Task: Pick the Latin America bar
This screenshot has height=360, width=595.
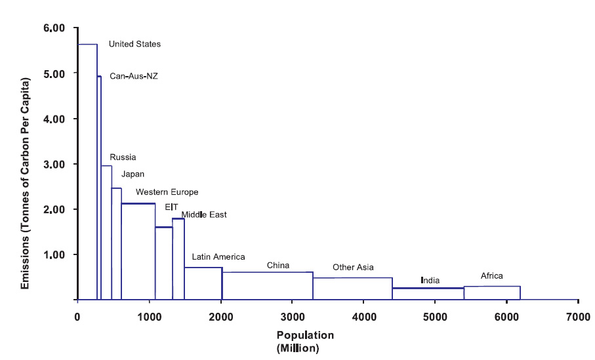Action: [x=203, y=283]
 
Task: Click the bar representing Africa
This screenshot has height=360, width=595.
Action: [x=492, y=293]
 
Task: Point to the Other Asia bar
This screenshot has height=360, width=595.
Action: [x=353, y=289]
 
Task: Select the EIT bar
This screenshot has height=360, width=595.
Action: [x=164, y=263]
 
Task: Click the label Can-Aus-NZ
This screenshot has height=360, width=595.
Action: [x=134, y=76]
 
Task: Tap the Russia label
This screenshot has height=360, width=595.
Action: [x=123, y=157]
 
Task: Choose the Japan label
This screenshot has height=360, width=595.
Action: [x=133, y=174]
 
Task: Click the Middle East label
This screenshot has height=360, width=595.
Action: [x=204, y=214]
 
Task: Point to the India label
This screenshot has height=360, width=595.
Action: [x=430, y=281]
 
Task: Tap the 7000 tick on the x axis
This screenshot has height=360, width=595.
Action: [x=577, y=315]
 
